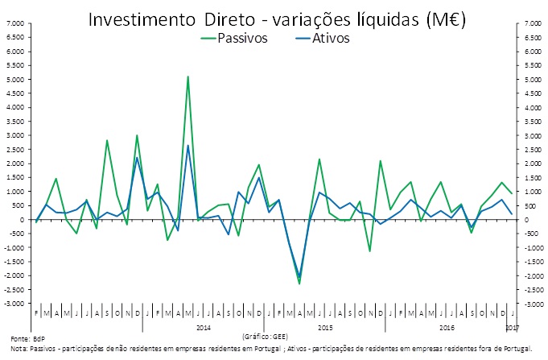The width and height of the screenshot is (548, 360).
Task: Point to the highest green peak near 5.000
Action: tap(187, 77)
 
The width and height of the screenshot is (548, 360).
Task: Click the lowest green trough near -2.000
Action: tap(299, 283)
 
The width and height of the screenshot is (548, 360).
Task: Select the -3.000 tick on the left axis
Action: tap(14, 304)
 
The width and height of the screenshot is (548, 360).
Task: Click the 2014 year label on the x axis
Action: tap(204, 328)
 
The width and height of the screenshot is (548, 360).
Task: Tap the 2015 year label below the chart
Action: tap(325, 328)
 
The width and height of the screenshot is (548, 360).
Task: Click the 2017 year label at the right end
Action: tap(513, 328)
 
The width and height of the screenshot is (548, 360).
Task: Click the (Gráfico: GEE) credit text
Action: tap(263, 333)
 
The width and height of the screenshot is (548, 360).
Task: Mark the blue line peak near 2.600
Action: tap(187, 146)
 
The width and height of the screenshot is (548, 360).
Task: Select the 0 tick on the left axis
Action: tap(21, 220)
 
